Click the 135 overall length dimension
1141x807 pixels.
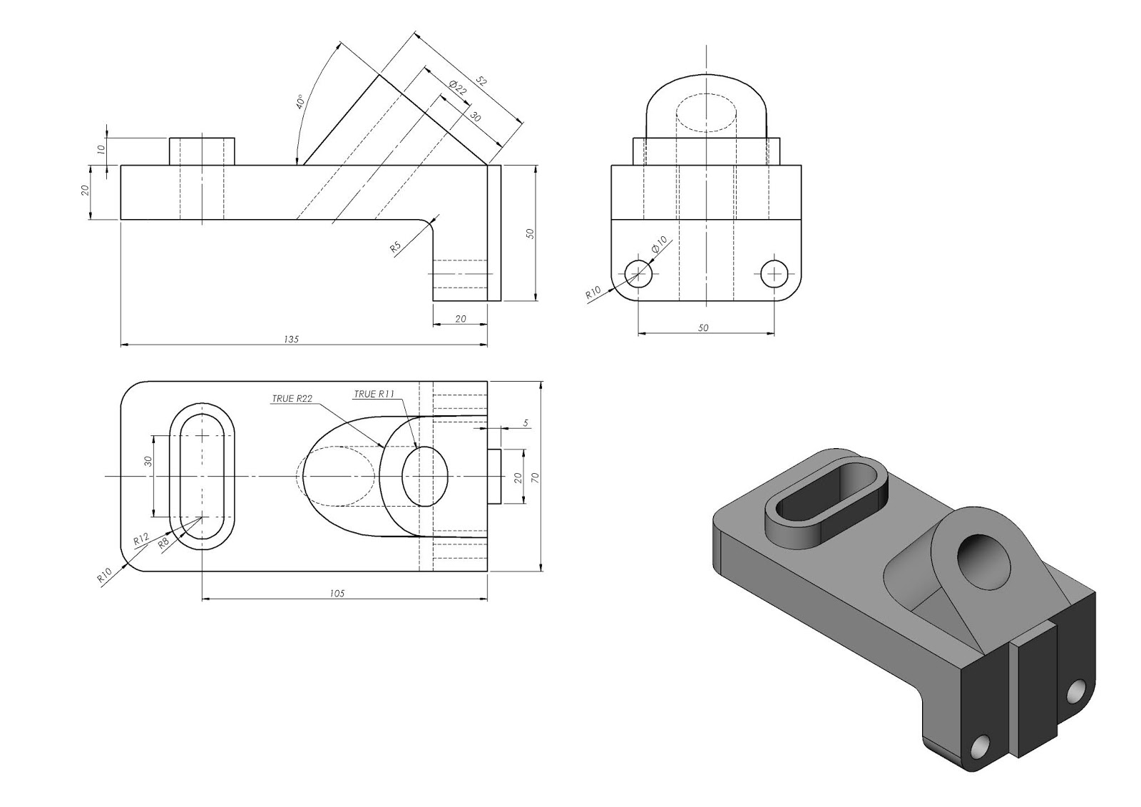pos(291,340)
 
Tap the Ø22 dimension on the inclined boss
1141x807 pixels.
pos(457,88)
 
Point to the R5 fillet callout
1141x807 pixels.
pos(396,247)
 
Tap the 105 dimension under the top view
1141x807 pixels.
pos(338,593)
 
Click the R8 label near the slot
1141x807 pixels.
pos(163,542)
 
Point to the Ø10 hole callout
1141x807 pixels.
pos(659,244)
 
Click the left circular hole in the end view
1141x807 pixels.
pos(638,273)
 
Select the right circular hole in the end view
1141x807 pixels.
pos(774,273)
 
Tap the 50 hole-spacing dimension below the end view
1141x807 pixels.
pos(703,328)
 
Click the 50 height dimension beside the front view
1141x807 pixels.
pos(530,233)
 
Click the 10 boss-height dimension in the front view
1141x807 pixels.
pos(101,149)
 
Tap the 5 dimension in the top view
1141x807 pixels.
pos(526,423)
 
